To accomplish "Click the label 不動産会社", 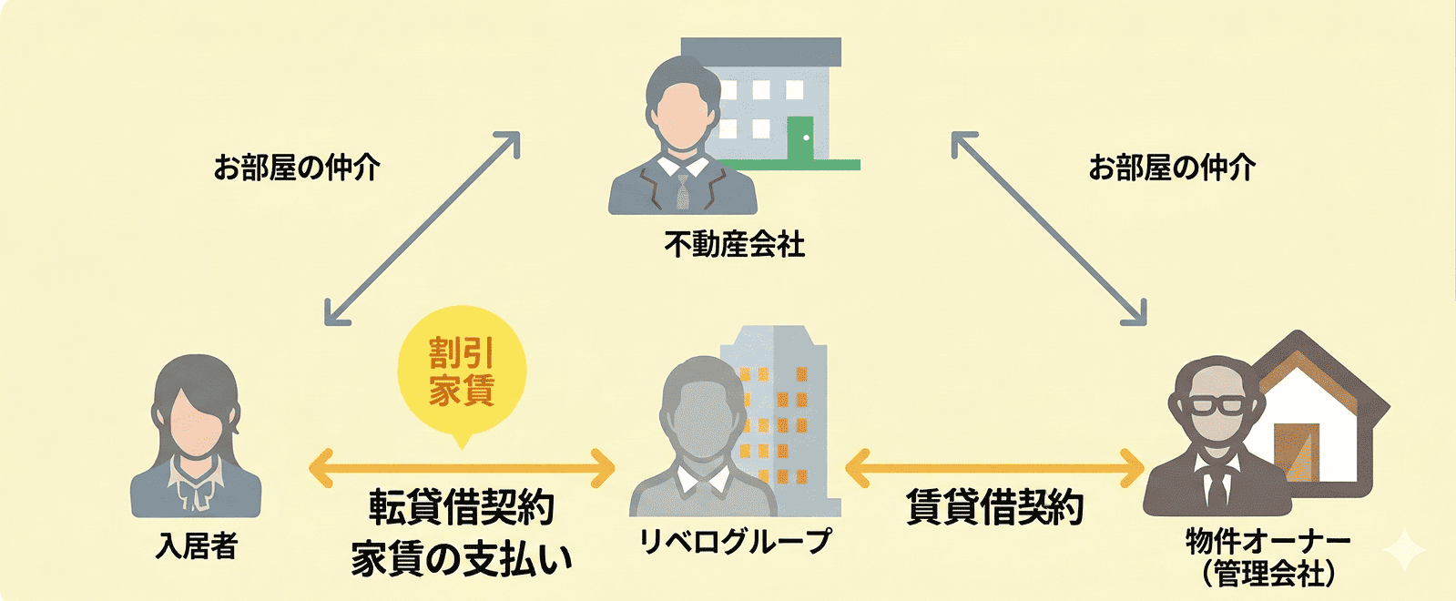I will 734,244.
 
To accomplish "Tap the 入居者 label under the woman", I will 197,545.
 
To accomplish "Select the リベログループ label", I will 735,541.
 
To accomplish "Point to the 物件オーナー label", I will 1268,541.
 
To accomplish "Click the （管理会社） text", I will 1268,574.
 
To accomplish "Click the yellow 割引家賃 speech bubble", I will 462,372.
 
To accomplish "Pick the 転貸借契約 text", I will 462,507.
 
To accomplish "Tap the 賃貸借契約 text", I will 994,506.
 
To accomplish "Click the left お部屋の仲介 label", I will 297,168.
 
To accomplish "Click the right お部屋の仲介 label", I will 1172,168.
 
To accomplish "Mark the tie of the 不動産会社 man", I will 683,188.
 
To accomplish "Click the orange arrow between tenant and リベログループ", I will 462,469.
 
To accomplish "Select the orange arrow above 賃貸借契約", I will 994,469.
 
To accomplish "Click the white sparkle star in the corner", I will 1405,550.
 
